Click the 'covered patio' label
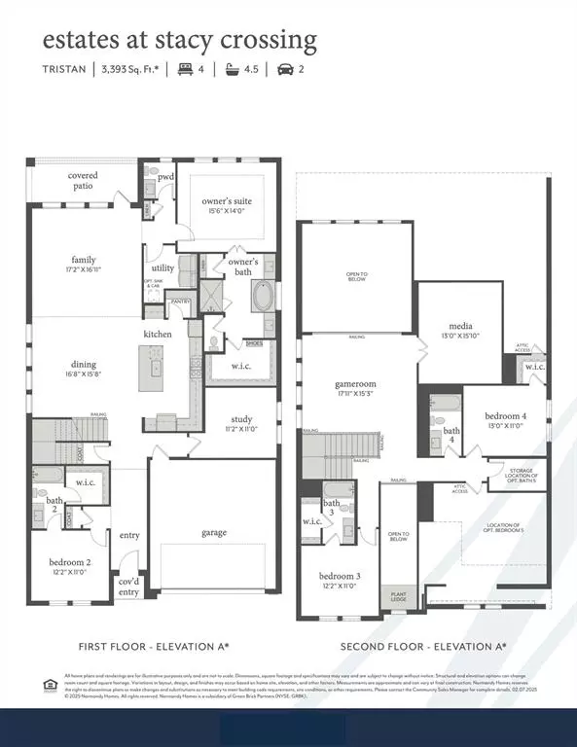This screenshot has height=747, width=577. click(x=83, y=181)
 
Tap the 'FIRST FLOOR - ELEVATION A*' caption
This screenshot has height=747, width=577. click(x=154, y=646)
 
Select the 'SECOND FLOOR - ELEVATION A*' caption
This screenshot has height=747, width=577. click(x=422, y=646)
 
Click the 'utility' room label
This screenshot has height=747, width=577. click(x=162, y=267)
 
